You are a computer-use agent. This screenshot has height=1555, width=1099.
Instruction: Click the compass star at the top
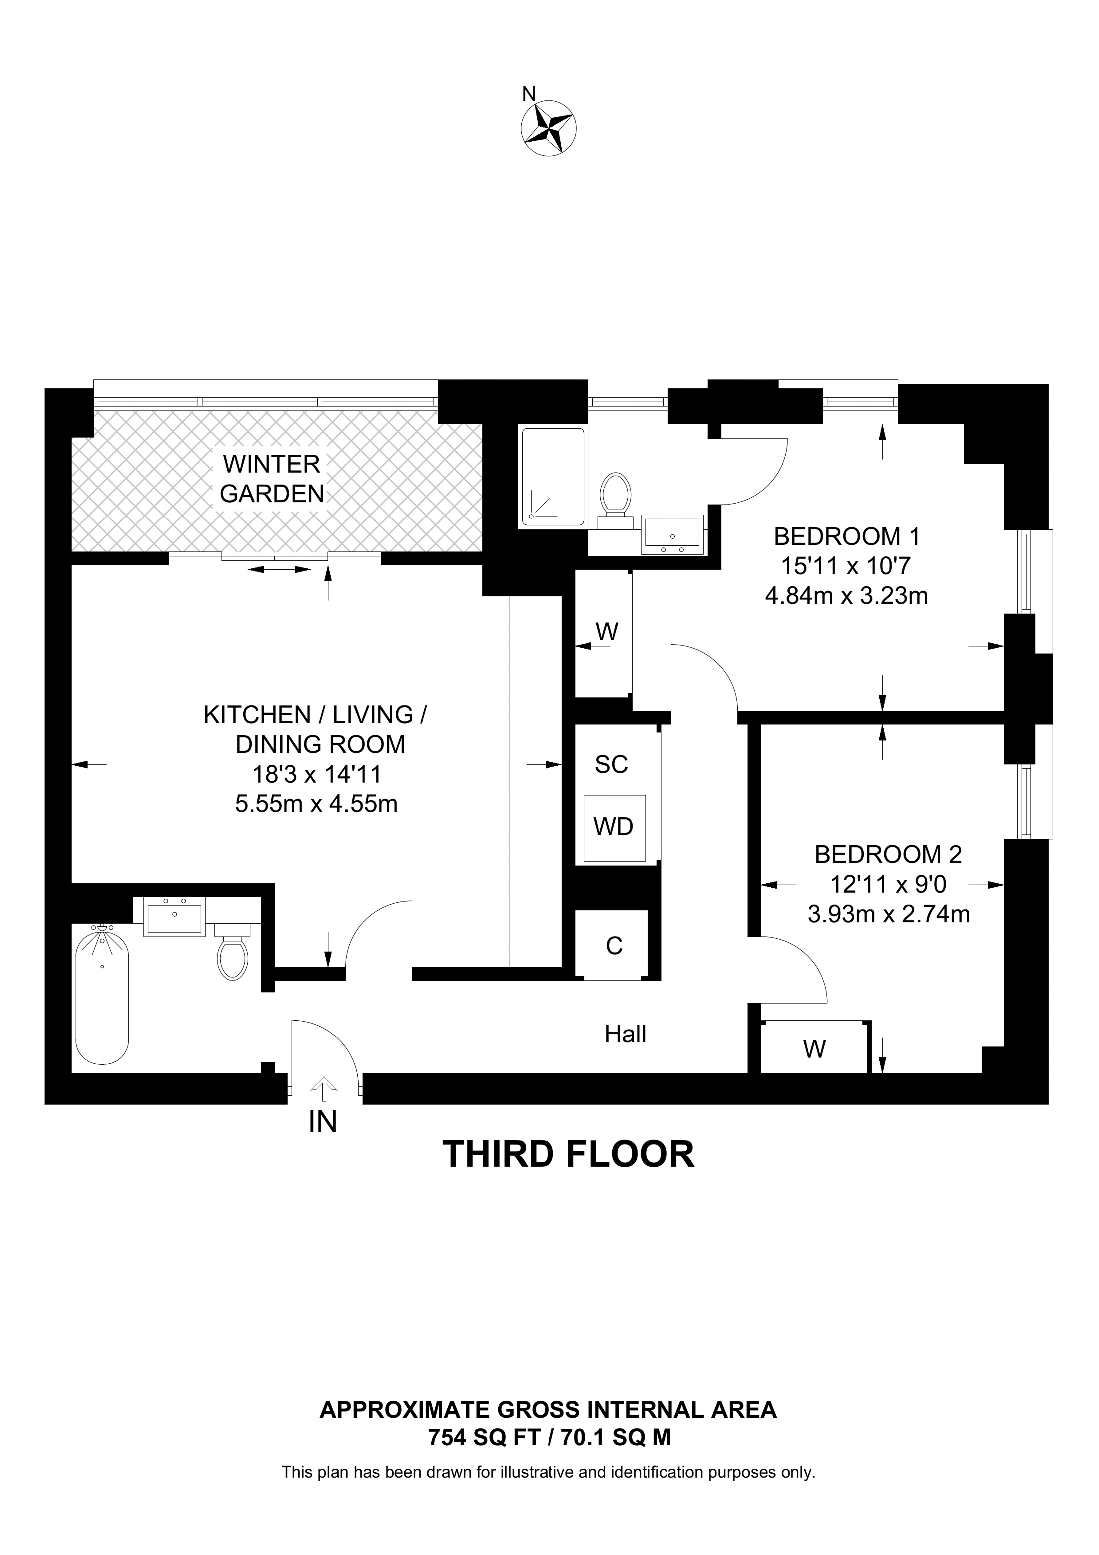(x=549, y=128)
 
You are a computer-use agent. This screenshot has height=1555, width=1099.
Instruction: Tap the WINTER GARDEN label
(x=272, y=479)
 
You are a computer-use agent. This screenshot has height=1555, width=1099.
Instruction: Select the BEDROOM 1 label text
(x=847, y=537)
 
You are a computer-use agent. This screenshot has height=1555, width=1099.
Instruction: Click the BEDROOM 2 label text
(x=888, y=854)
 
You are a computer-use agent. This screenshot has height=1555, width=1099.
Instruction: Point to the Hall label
(x=625, y=1034)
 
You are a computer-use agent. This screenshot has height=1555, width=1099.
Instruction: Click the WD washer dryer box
(x=613, y=827)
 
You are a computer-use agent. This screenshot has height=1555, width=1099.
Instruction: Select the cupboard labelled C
(x=614, y=946)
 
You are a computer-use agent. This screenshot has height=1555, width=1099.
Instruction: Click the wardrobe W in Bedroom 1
(x=607, y=632)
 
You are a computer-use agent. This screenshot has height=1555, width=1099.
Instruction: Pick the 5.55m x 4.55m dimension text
(x=316, y=804)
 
